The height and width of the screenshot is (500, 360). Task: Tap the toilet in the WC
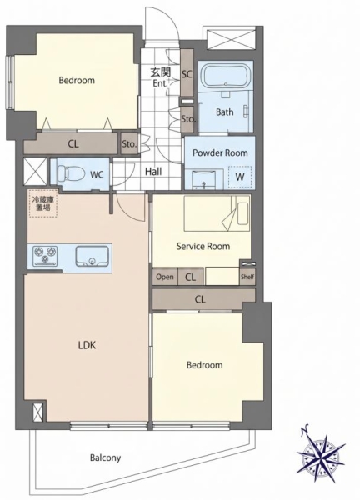click(71, 174)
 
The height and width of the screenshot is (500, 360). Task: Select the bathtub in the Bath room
click(226, 76)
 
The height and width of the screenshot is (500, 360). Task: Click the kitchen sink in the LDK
click(92, 256)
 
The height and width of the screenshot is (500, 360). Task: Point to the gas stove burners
click(45, 256)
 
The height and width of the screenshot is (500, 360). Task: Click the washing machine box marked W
click(240, 177)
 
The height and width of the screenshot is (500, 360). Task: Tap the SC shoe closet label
click(187, 74)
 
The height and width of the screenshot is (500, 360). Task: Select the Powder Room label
click(220, 152)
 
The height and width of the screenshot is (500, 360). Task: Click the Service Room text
click(203, 246)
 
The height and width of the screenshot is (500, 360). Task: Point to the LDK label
click(87, 345)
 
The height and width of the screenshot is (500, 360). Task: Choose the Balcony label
click(105, 457)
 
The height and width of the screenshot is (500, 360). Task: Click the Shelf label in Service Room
click(247, 277)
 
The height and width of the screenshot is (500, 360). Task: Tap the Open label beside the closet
click(165, 277)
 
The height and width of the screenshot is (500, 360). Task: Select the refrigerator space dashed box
click(43, 203)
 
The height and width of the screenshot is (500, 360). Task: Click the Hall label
click(153, 172)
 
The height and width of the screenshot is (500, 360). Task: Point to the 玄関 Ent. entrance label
click(160, 77)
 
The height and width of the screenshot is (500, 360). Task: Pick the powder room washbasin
click(203, 179)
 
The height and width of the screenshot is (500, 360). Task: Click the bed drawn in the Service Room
click(217, 213)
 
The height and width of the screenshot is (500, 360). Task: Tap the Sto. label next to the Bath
click(188, 119)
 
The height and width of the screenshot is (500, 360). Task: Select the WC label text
click(97, 174)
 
